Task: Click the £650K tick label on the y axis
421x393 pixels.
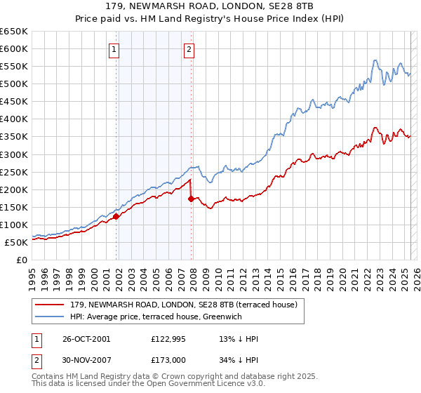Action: pyautogui.click(x=14, y=32)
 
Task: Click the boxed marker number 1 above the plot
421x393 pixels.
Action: pyautogui.click(x=114, y=49)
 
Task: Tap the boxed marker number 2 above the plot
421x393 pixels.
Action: pyautogui.click(x=189, y=49)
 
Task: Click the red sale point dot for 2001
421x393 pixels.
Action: pyautogui.click(x=116, y=216)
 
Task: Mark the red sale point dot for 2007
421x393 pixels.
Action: pyautogui.click(x=192, y=199)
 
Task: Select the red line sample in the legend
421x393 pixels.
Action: pyautogui.click(x=51, y=305)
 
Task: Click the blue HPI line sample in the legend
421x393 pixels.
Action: pyautogui.click(x=51, y=317)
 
